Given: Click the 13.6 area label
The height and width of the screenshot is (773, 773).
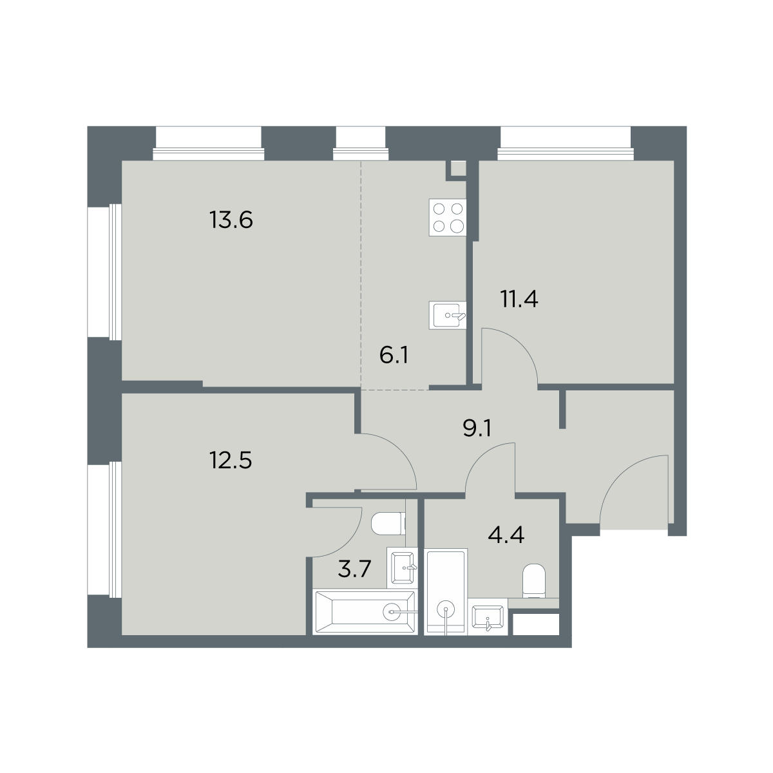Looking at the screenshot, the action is (x=231, y=220).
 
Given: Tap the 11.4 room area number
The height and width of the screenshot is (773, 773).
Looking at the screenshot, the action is (x=519, y=299).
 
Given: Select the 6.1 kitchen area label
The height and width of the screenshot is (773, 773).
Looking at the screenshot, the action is (x=394, y=356).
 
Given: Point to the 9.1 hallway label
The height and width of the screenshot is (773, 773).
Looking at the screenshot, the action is (x=477, y=428).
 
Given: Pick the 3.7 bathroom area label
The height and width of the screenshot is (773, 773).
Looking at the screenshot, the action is (x=354, y=569).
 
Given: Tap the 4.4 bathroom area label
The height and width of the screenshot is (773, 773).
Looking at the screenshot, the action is (x=506, y=535).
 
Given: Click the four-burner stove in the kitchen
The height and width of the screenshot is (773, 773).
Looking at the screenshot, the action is (x=448, y=218).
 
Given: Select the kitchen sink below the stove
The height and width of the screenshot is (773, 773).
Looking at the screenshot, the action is (x=448, y=316).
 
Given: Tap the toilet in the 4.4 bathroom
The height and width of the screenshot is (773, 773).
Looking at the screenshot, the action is (x=534, y=580).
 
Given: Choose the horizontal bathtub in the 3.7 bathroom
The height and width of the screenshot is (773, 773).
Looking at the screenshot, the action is (x=365, y=612).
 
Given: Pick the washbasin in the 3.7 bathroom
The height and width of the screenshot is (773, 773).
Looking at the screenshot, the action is (x=403, y=568).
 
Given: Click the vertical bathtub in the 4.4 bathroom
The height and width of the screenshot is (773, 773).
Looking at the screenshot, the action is (x=446, y=592).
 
